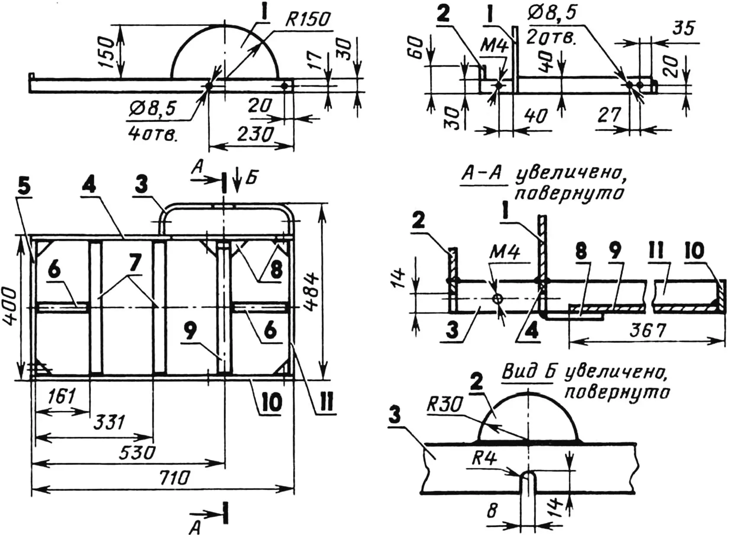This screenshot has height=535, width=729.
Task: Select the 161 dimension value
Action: coord(61,397)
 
